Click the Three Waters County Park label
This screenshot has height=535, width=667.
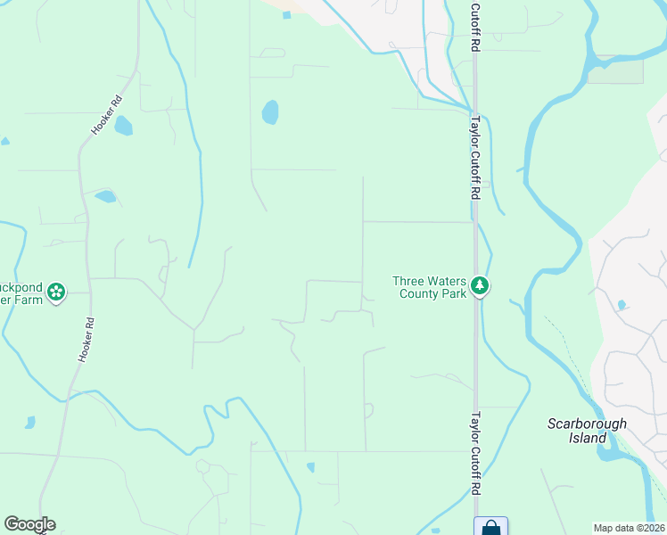430,287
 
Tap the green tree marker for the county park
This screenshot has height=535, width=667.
481,286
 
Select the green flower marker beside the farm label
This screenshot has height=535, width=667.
56,292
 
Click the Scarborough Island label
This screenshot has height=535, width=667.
587,431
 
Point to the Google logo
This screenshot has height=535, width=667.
29,524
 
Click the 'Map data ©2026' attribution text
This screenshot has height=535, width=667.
629,528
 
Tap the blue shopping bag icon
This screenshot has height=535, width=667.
490,527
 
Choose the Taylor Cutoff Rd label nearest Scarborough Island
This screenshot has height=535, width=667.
475,453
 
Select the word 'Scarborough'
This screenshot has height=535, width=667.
587,424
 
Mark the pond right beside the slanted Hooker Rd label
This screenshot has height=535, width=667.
123,126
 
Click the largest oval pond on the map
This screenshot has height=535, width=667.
269,112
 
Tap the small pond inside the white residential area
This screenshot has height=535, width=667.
622,305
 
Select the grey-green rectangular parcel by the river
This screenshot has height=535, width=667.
614,70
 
